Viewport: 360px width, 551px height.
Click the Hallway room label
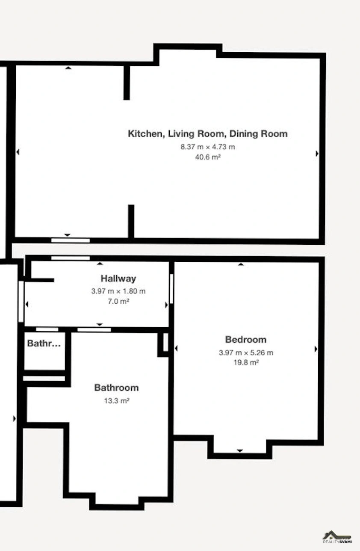[x=118, y=278]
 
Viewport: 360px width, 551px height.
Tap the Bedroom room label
[x=246, y=340]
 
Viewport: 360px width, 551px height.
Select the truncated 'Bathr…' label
[x=44, y=343]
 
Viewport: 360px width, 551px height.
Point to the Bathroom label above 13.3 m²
[x=117, y=388]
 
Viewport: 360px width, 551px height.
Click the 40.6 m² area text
[x=207, y=157]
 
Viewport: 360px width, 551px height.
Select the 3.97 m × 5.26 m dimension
[x=246, y=353]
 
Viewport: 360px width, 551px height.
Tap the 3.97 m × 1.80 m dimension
[x=118, y=291]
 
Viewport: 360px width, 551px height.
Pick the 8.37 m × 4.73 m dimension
[x=208, y=147]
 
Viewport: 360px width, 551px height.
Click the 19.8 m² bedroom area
[x=246, y=362]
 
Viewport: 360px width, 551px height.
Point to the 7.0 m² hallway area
[x=118, y=301]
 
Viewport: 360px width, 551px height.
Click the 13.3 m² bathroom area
[x=117, y=401]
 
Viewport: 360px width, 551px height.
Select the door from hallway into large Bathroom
[x=94, y=329]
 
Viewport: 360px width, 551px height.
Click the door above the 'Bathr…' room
[x=47, y=329]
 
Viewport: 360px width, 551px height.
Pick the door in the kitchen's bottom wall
[x=71, y=240]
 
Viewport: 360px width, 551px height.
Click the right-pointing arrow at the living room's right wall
[x=317, y=154]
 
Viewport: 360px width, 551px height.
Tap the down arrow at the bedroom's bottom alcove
[x=240, y=450]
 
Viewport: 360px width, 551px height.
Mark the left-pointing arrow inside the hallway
[x=27, y=305]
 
